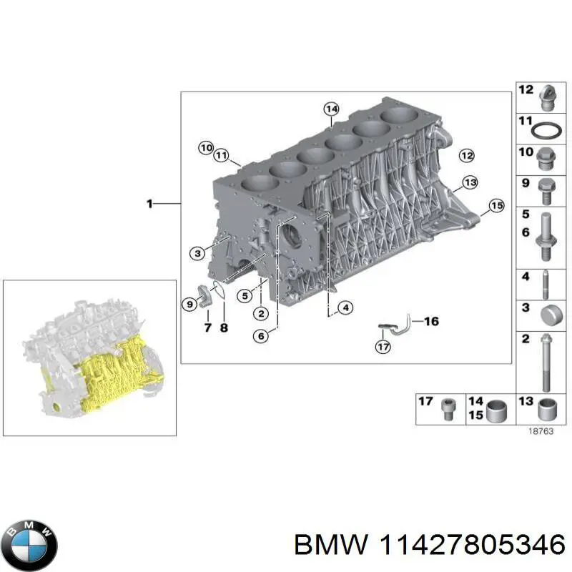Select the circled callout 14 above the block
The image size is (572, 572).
[x=330, y=109]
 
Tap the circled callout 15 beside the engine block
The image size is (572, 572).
[x=496, y=207]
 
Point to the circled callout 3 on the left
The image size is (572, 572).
[x=197, y=252]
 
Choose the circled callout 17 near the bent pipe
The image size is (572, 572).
[x=383, y=347]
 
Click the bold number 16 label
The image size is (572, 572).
[x=430, y=322]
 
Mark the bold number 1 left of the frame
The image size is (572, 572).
[x=149, y=204]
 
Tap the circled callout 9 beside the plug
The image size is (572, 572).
[x=189, y=305]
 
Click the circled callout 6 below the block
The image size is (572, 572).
[x=260, y=334]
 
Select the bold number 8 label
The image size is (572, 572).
[x=223, y=329]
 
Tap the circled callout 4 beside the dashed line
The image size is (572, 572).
[x=345, y=308]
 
